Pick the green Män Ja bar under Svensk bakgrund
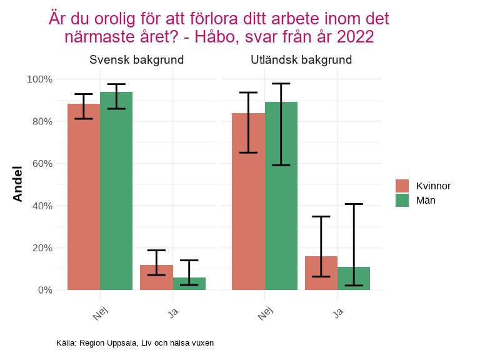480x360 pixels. (189, 284)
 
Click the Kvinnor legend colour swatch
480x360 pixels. (402, 186)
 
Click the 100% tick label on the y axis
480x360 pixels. (39, 79)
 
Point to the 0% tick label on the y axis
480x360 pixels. (44, 290)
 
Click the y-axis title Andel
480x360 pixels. (17, 184)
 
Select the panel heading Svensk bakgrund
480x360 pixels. (136, 61)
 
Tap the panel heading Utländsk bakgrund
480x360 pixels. (301, 61)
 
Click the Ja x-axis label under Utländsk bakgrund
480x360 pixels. (338, 312)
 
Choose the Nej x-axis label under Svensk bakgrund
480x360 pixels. (100, 314)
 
